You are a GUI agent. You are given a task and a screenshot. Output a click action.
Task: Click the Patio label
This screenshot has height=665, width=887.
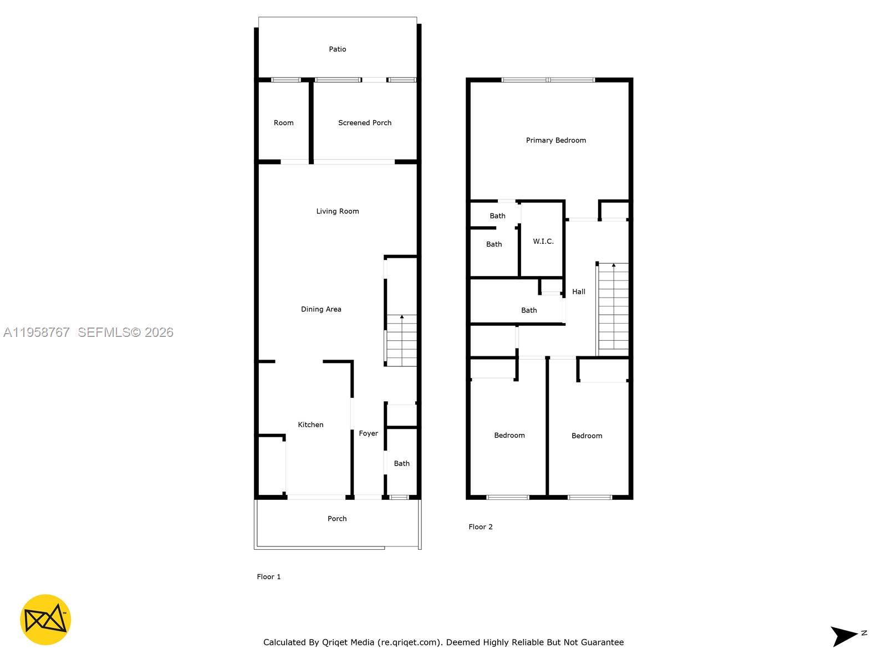(x=337, y=49)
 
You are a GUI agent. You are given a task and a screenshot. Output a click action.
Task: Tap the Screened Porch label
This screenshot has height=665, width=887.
(x=365, y=123)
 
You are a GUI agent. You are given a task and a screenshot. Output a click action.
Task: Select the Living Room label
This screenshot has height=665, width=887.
(x=337, y=211)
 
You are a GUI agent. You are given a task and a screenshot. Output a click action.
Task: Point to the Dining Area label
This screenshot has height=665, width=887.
(x=321, y=309)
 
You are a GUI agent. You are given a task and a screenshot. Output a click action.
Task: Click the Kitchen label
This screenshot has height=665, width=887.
(x=310, y=424)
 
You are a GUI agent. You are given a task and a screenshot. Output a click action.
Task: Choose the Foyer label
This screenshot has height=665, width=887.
(x=368, y=433)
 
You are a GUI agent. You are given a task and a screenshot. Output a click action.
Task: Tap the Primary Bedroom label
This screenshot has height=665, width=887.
(x=555, y=140)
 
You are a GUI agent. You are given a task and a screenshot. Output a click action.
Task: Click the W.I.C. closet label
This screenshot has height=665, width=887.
(x=543, y=241)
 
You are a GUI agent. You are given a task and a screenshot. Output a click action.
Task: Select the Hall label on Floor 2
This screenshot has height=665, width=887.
(x=578, y=291)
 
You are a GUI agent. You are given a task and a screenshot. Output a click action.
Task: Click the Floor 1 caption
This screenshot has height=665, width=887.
(x=268, y=577)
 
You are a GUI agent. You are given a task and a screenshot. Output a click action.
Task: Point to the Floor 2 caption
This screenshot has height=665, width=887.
(x=480, y=527)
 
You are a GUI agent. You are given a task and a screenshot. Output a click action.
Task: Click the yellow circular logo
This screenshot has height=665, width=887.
(x=45, y=620)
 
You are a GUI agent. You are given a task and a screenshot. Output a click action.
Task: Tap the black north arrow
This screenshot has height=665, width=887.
(x=844, y=636)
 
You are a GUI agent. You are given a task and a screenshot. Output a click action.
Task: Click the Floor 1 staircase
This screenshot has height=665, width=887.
(x=401, y=340)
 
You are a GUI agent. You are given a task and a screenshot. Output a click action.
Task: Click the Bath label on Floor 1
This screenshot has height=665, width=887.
(x=401, y=463)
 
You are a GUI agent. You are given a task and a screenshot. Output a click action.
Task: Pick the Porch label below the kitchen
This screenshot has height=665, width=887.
(x=337, y=519)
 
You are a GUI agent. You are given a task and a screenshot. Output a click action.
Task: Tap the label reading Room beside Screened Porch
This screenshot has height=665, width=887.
(x=283, y=123)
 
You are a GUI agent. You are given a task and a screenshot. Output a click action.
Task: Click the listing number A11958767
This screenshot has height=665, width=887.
(x=37, y=332)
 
